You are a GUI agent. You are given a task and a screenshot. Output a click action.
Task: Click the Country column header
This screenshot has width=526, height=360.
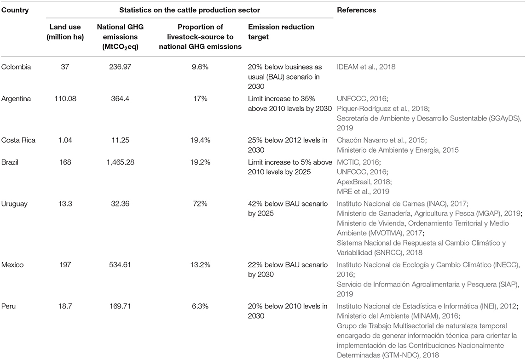[15, 10]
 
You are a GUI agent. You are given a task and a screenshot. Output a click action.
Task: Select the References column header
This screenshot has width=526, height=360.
[356, 10]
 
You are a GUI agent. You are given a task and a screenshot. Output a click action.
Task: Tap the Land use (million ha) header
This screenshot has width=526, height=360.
[65, 32]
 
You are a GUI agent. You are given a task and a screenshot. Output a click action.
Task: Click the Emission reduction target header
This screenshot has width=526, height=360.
[281, 32]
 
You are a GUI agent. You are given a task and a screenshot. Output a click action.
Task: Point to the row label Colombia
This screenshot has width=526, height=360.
[16, 67]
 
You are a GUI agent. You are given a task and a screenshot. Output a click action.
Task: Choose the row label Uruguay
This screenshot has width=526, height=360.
[14, 204]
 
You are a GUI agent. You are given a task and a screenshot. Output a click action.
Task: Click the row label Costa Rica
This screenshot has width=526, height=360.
[18, 140]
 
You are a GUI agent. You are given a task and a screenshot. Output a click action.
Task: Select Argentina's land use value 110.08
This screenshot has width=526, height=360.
[65, 98]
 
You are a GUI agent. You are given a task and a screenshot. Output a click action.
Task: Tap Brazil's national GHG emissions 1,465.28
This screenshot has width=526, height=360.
[120, 162]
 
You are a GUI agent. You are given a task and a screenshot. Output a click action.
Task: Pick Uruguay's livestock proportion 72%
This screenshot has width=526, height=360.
[200, 204]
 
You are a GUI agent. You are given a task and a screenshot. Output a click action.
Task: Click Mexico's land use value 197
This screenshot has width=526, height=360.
[65, 264]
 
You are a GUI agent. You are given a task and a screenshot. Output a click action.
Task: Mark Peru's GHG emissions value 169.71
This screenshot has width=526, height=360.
[120, 306]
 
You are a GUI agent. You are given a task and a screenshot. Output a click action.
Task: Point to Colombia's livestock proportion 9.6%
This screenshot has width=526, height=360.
[200, 67]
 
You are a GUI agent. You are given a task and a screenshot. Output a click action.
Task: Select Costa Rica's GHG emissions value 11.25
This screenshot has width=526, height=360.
[120, 140]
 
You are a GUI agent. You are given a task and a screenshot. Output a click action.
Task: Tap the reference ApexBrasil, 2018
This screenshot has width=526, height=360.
[364, 182]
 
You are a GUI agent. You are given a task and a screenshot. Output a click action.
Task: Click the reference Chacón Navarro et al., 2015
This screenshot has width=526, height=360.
[382, 140]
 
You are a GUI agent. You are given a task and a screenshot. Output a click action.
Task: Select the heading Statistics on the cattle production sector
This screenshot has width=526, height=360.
[190, 10]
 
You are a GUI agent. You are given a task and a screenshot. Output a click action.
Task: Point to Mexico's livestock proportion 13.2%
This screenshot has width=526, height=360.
[200, 264]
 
